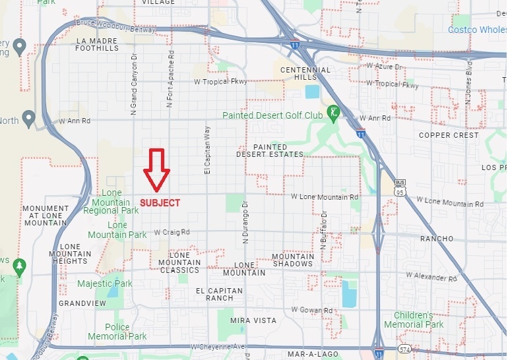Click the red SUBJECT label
coord(160,203)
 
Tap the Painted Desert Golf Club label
coord(272,115)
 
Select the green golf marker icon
coord(334,113)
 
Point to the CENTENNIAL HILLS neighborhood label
coord(305,73)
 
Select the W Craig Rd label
coord(172,232)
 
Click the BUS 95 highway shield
coord(400,186)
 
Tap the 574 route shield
coord(404,349)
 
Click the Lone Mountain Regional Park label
coord(111,202)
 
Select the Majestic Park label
coord(105,284)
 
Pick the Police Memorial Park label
coord(126,332)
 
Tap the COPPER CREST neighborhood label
coord(449,135)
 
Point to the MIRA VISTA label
coord(248,320)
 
